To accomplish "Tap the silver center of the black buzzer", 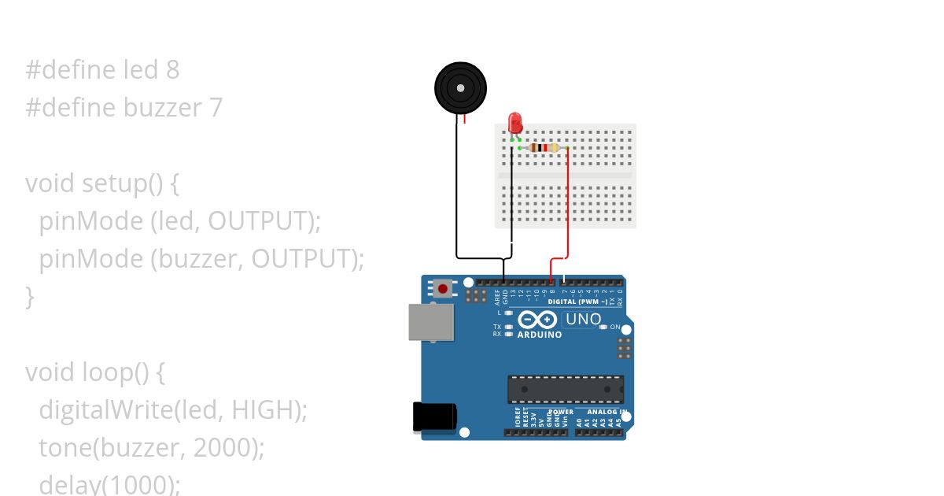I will pyautogui.click(x=460, y=87).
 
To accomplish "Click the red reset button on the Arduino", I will pyautogui.click(x=443, y=289).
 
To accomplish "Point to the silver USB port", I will pyautogui.click(x=430, y=323).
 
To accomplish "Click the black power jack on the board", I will pyautogui.click(x=433, y=416).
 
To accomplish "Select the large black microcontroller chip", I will pyautogui.click(x=566, y=389).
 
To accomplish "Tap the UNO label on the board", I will pyautogui.click(x=583, y=320).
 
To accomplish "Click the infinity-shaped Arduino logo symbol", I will pyautogui.click(x=538, y=320).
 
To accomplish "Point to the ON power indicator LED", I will pyautogui.click(x=603, y=327).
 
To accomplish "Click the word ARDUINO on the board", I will pyautogui.click(x=539, y=335).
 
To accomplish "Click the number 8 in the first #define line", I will pyautogui.click(x=172, y=70).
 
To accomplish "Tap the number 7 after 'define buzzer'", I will pyautogui.click(x=216, y=107).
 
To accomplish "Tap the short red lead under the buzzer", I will pyautogui.click(x=464, y=119).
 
